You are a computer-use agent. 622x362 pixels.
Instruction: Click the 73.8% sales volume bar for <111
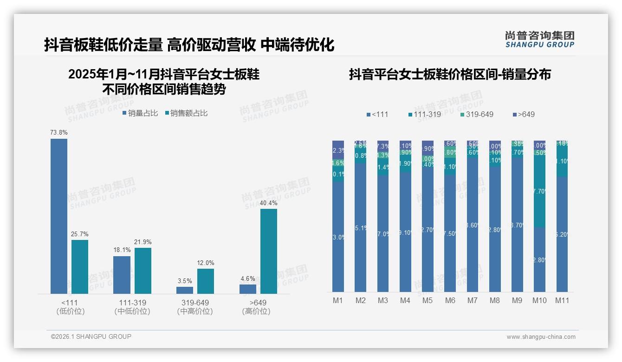click(59, 216)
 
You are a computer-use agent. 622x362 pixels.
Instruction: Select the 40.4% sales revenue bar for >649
click(269, 251)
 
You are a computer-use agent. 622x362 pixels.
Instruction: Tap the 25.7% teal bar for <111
click(80, 266)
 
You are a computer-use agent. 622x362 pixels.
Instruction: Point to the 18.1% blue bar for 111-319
click(122, 275)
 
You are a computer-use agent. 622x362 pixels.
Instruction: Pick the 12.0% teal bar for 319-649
click(206, 281)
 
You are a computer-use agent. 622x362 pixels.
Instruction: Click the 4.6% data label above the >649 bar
click(248, 279)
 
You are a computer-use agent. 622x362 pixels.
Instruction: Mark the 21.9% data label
click(143, 242)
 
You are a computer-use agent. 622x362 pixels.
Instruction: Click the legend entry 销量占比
click(140, 113)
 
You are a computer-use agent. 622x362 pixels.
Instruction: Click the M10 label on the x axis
click(539, 301)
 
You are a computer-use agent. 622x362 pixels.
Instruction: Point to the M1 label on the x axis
click(338, 301)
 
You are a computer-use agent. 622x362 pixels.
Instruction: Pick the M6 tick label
click(450, 301)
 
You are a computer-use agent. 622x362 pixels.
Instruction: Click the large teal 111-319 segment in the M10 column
click(539, 191)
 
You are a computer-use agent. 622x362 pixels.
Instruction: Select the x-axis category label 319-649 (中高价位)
click(195, 307)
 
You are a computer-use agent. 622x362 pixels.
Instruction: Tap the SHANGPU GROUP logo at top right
click(539, 39)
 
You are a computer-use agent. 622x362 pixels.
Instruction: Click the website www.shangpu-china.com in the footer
click(541, 337)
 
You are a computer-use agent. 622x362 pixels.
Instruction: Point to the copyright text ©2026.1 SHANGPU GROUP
click(91, 336)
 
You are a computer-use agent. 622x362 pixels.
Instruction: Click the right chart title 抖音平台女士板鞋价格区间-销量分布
click(450, 74)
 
